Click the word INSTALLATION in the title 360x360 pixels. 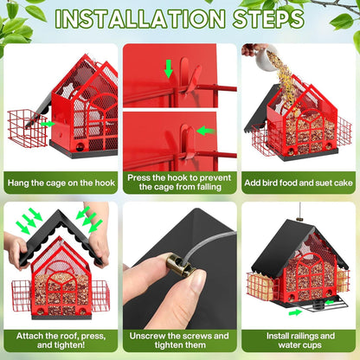[x=140, y=19]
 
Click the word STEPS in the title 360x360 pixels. [x=268, y=19]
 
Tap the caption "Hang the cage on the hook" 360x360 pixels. [x=61, y=183]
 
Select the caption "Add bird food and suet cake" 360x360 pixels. [x=299, y=183]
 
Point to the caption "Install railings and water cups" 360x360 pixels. [x=300, y=340]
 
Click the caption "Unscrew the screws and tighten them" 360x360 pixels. [x=179, y=340]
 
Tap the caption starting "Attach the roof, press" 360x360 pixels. [x=61, y=340]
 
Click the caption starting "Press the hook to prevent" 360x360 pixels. [x=179, y=183]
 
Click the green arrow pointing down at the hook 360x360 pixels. [x=169, y=69]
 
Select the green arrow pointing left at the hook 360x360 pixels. [x=206, y=131]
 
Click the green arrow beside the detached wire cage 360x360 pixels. [x=48, y=124]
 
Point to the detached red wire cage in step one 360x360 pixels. [x=28, y=128]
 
